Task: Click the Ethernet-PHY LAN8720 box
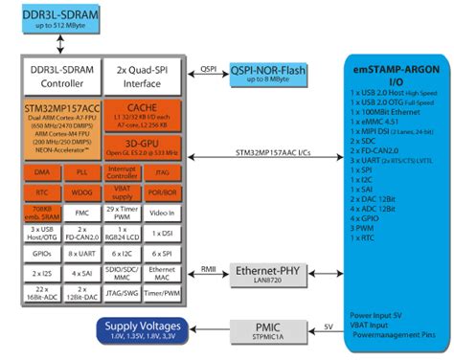(269, 274)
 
